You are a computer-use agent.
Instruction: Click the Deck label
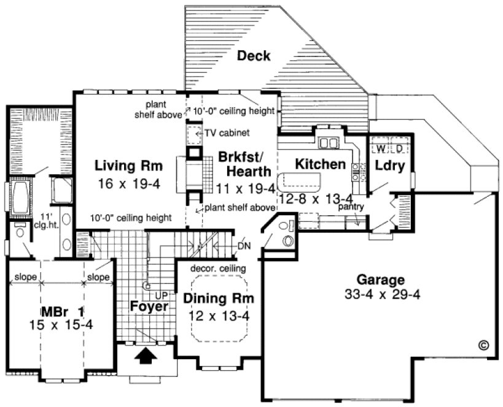pos(254,56)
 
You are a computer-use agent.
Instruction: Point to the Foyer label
pos(149,306)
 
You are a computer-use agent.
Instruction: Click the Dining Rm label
pos(218,299)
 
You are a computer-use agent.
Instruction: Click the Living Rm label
pos(128,165)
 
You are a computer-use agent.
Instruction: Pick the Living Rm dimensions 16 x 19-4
pos(128,183)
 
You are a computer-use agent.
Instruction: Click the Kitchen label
pos(320,164)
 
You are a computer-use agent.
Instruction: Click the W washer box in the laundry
pos(380,148)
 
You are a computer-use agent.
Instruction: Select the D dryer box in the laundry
pos(399,148)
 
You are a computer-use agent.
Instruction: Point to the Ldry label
pos(389,166)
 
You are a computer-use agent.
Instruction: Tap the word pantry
pos(351,207)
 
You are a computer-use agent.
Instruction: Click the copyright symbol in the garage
pos(483,344)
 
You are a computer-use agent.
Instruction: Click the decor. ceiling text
pos(218,268)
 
